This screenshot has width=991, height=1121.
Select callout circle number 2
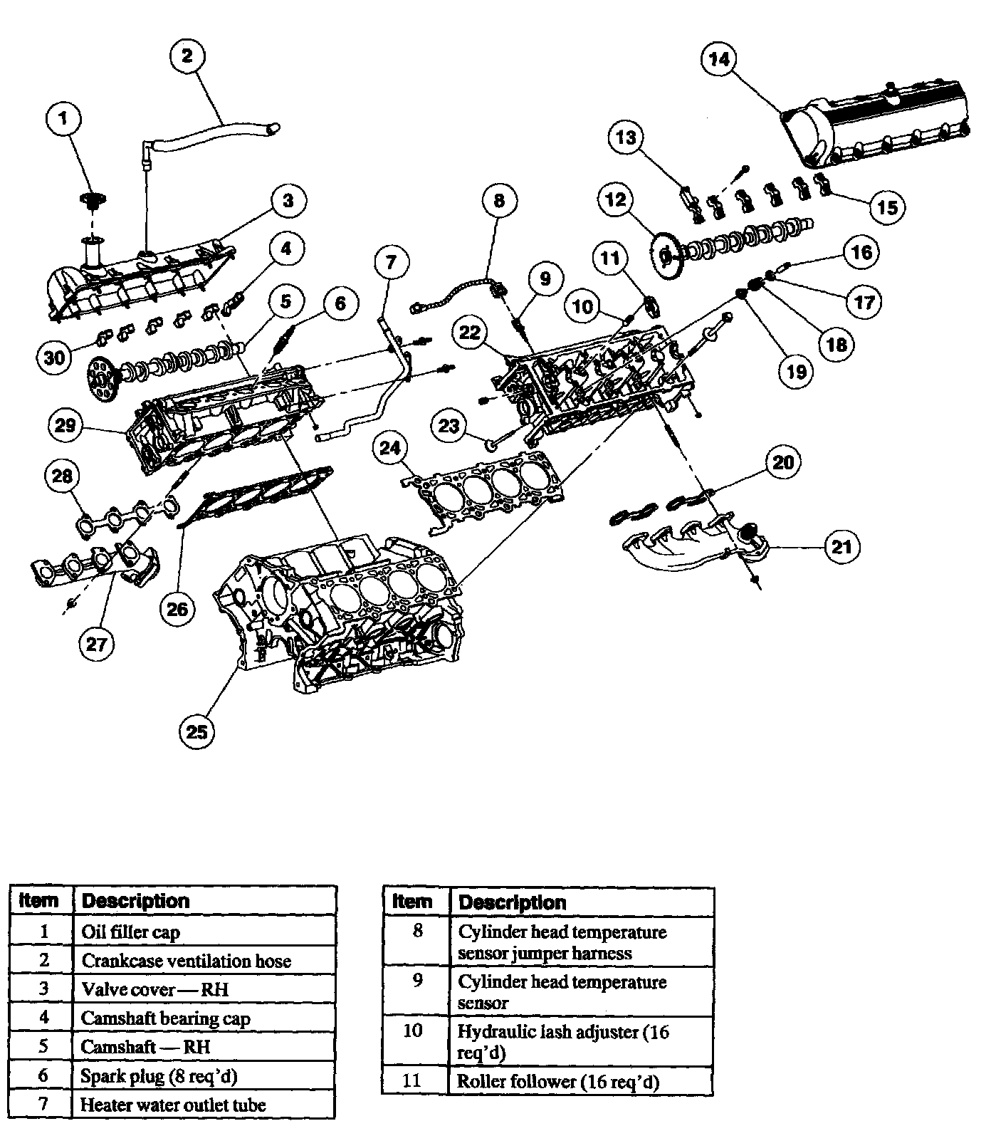187,56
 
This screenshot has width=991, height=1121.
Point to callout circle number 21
842,547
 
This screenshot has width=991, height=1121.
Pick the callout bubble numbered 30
55,358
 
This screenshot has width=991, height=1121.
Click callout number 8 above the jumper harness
499,201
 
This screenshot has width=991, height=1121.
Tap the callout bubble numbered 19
796,370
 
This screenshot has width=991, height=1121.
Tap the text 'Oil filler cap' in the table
131,932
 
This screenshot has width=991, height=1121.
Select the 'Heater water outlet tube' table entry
173,1105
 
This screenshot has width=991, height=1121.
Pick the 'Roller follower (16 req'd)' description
558,1082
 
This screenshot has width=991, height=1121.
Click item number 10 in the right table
413,1031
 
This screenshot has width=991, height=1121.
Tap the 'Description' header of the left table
136,901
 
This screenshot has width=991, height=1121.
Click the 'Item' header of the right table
412,902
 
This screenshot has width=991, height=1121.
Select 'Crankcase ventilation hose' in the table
187,961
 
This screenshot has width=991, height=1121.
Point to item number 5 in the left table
43,1046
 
